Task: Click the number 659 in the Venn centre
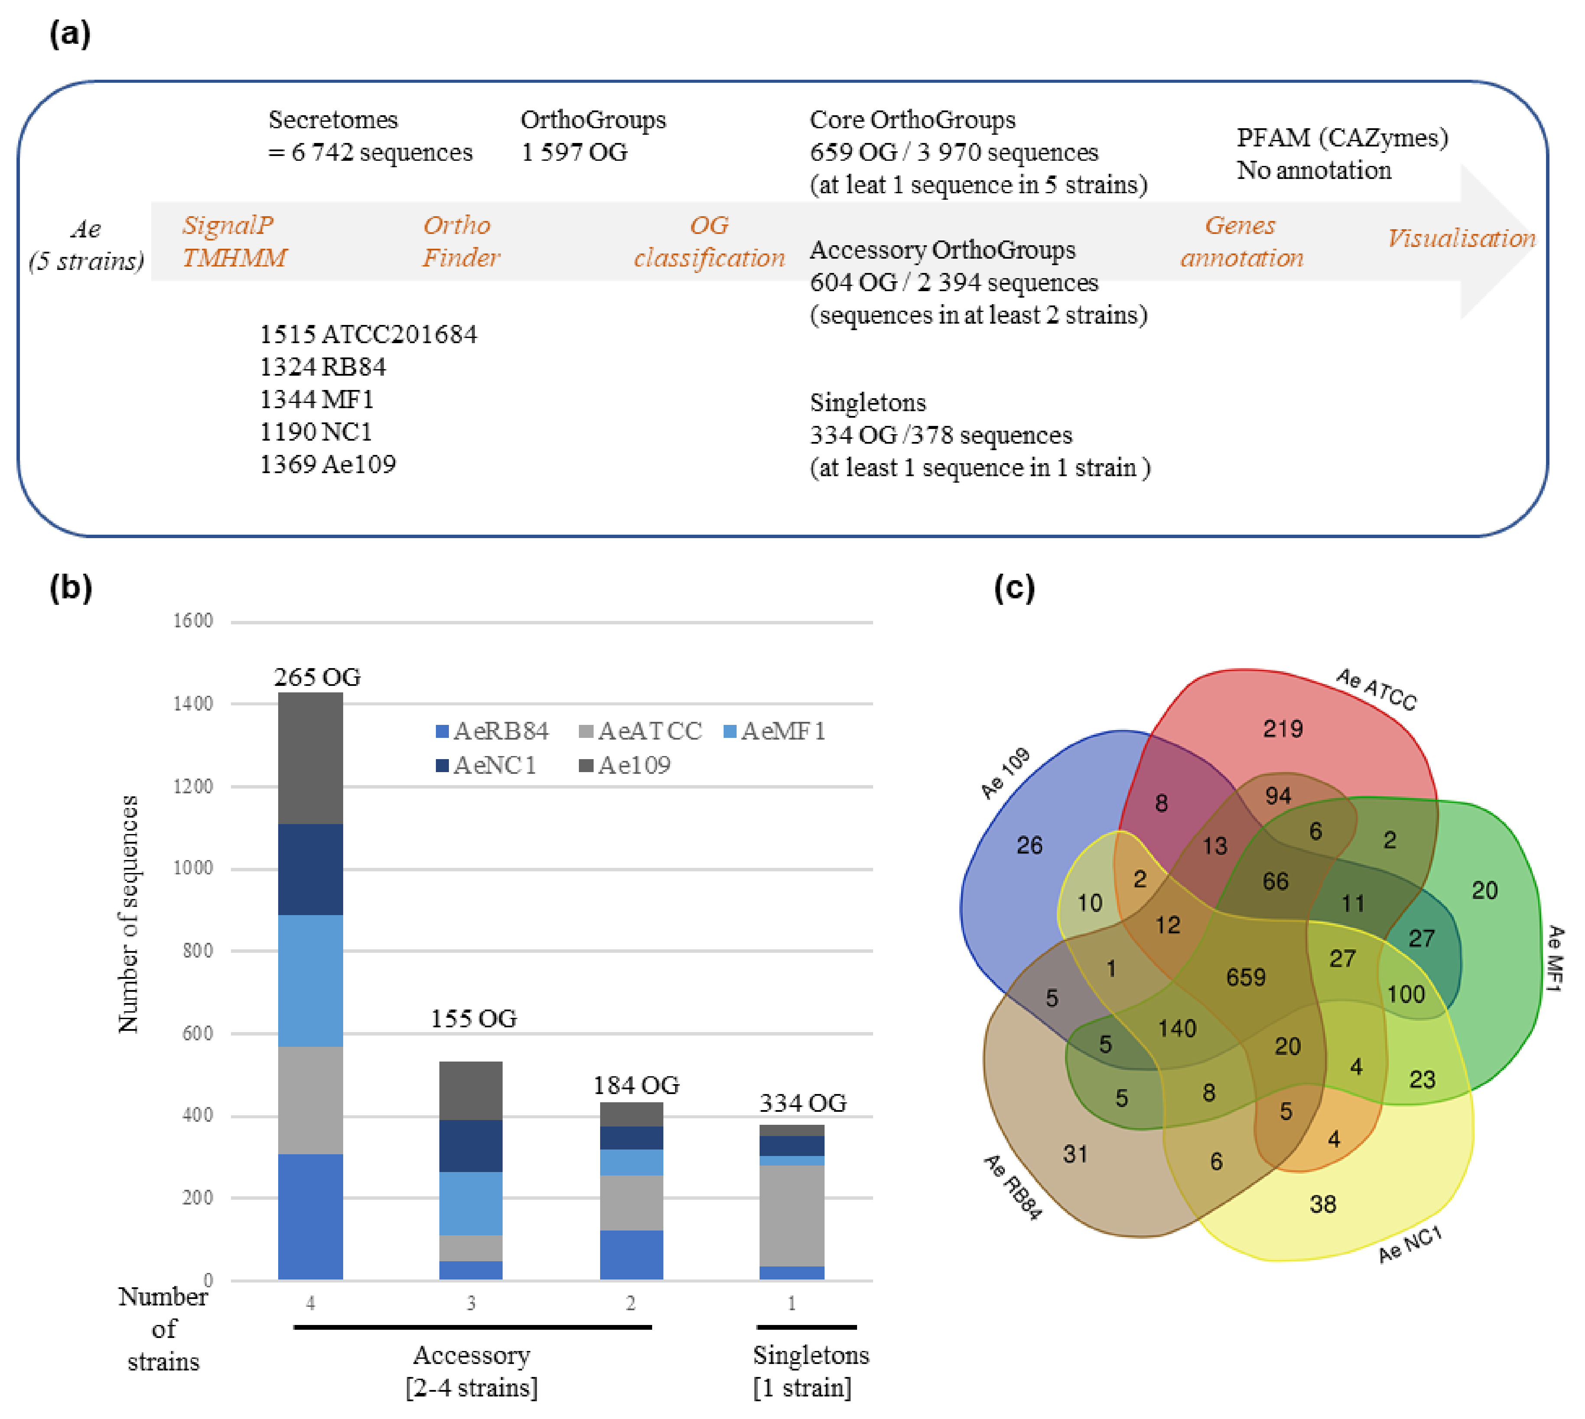pyautogui.click(x=1245, y=977)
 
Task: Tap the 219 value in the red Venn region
pyautogui.click(x=1283, y=729)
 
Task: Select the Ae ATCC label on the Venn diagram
pyautogui.click(x=1376, y=689)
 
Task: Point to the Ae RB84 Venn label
pyautogui.click(x=1012, y=1187)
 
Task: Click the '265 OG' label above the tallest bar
pyautogui.click(x=317, y=677)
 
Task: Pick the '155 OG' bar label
pyautogui.click(x=473, y=1018)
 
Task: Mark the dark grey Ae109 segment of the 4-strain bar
pyautogui.click(x=310, y=758)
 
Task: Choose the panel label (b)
pyautogui.click(x=70, y=587)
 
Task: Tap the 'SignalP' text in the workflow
pyautogui.click(x=227, y=225)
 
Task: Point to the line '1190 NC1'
pyautogui.click(x=316, y=431)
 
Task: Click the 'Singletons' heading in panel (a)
pyautogui.click(x=868, y=403)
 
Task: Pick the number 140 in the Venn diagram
pyautogui.click(x=1176, y=1028)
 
